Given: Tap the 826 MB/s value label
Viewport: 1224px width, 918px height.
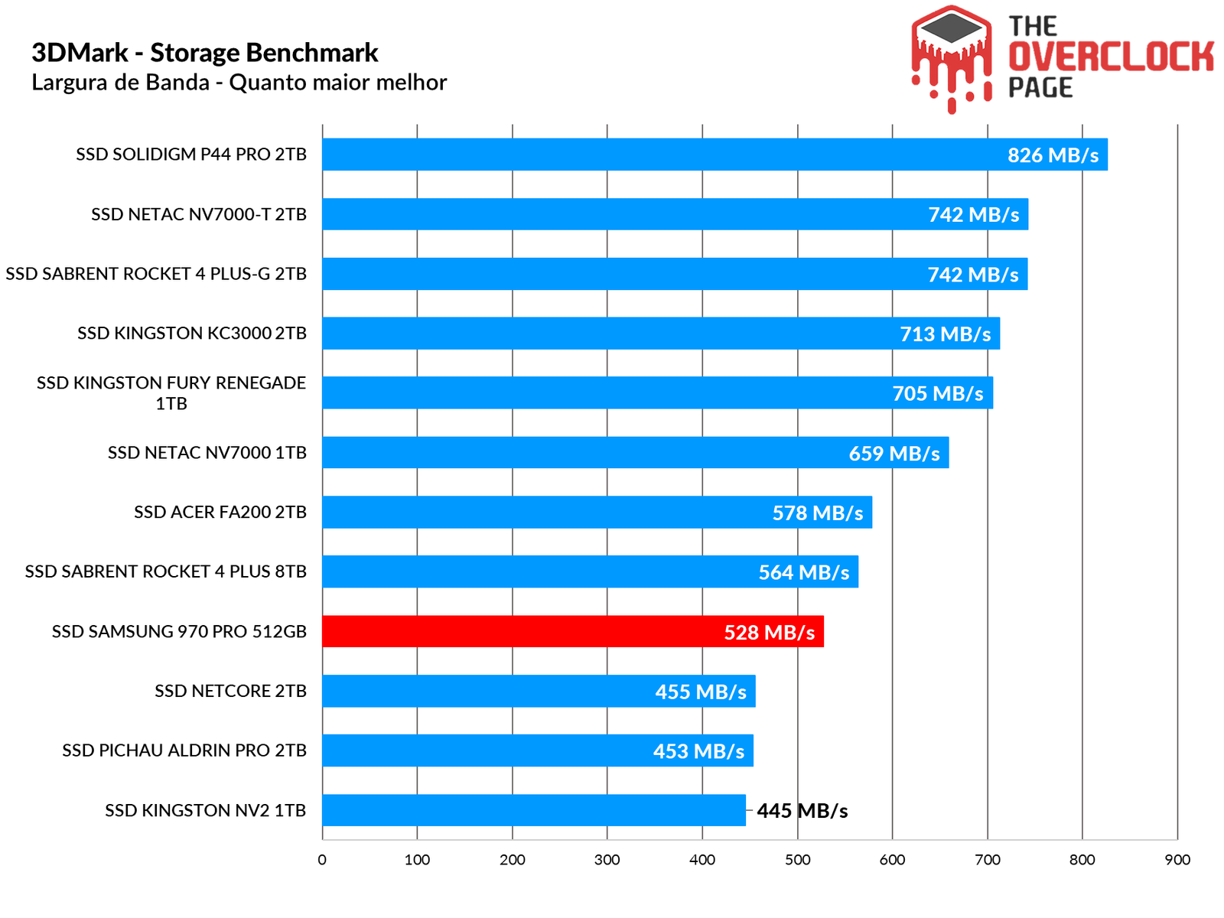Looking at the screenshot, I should coord(1053,155).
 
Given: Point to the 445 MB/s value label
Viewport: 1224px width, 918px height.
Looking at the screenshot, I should coord(802,811).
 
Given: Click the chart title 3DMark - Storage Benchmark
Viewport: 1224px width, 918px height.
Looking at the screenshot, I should coord(205,53).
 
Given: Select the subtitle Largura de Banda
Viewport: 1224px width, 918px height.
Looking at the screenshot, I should coord(239,83).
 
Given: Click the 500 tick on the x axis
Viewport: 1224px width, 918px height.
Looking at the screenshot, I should coord(797,860).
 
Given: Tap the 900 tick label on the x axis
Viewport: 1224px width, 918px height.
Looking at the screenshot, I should coord(1177,860).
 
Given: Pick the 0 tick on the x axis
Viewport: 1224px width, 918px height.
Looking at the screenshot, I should coord(322,860).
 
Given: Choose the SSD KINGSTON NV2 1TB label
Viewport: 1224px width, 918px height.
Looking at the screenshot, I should coord(205,810).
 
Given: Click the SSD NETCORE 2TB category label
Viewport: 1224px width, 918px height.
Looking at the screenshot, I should coord(230,691).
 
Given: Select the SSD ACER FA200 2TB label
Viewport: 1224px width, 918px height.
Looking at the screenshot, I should coord(220,512).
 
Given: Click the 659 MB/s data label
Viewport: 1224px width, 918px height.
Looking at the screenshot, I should coord(894,454).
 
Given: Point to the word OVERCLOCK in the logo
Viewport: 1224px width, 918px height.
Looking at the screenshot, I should coord(1111,57).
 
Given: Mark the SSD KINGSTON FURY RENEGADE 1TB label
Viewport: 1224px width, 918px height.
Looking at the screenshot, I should coord(171,392).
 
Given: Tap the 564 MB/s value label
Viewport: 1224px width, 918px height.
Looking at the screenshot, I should coord(804,572).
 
